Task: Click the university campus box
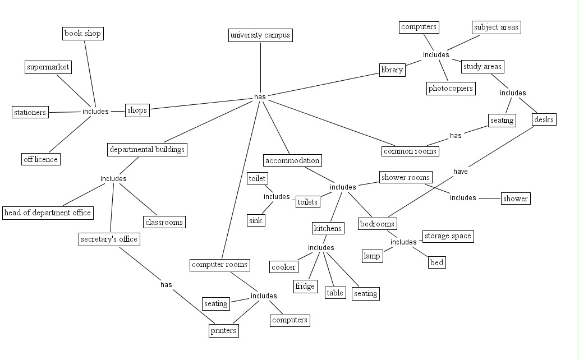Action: point(260,35)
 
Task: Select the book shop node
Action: point(82,34)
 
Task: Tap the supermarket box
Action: point(48,67)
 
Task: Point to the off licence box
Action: point(40,159)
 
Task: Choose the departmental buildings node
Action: point(147,150)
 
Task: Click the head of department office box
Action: point(48,213)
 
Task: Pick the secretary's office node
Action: point(109,239)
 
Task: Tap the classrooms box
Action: point(164,222)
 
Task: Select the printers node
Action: point(223,331)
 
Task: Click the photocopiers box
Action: point(451,89)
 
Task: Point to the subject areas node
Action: point(497,27)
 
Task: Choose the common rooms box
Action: point(410,151)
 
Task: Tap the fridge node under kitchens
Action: point(305,287)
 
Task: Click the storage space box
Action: point(448,236)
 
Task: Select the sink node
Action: point(256,221)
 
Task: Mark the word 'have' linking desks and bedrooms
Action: point(461,172)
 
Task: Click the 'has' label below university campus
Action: point(260,97)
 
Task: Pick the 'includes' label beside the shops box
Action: point(95,112)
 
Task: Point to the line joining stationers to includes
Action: point(65,112)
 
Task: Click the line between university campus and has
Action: point(260,67)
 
